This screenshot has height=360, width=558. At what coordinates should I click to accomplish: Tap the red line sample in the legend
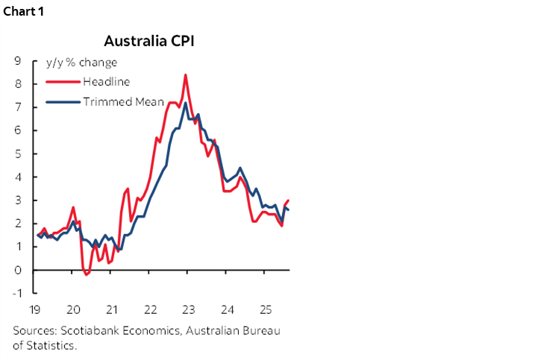[63, 80]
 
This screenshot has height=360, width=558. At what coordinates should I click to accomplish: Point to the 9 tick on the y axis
[16, 61]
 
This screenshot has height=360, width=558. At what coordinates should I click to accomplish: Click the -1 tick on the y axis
[15, 294]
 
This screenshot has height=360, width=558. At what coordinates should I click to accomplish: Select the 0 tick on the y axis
[16, 271]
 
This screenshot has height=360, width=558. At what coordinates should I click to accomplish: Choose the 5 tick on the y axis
[16, 154]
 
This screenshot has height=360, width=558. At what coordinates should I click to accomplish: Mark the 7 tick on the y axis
[16, 107]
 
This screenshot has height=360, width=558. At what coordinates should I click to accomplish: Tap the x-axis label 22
[150, 309]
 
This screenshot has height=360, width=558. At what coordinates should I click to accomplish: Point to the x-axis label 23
[188, 309]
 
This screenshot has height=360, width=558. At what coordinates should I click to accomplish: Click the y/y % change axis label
[81, 62]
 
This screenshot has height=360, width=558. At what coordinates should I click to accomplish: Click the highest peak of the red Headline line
[185, 75]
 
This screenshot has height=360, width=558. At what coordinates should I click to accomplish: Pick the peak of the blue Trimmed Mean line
[185, 103]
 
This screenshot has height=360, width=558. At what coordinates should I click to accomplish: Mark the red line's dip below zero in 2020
[87, 274]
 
